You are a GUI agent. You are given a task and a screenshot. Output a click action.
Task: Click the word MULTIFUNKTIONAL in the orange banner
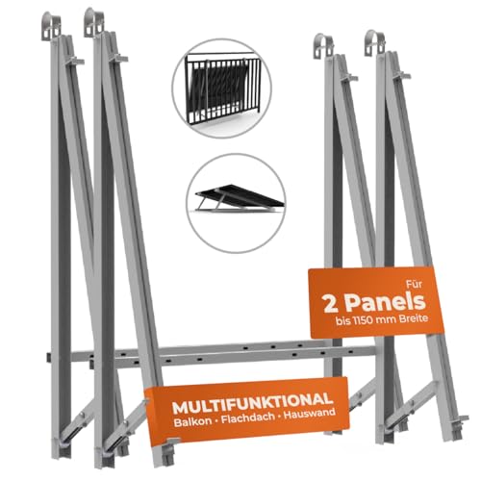pyautogui.click(x=252, y=404)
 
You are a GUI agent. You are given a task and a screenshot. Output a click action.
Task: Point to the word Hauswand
pyautogui.click(x=310, y=414)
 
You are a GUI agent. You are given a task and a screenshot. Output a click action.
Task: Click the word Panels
pyautogui.click(x=386, y=302)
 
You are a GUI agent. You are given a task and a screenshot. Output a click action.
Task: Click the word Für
pyautogui.click(x=414, y=284)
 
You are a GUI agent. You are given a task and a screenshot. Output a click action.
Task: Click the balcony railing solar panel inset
pyautogui.click(x=222, y=89)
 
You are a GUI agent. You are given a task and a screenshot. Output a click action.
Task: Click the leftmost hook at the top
pyautogui.click(x=51, y=26)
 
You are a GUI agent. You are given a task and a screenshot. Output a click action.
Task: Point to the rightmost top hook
pyautogui.click(x=375, y=43)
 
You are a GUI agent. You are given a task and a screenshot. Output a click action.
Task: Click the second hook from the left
pyautogui.click(x=93, y=22)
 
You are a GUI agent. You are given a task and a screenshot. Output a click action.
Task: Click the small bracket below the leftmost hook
pyautogui.click(x=76, y=60)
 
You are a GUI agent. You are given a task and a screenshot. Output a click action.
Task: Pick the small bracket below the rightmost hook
pyautogui.click(x=402, y=76)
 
